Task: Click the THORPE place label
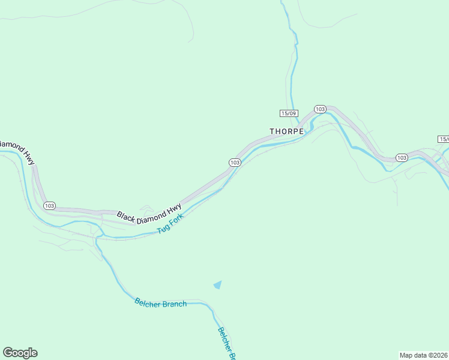pos(287,131)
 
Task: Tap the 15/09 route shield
pos(289,113)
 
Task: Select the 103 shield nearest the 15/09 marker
pos(320,109)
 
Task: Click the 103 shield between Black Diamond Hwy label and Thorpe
pos(235,163)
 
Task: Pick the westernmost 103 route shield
pos(49,205)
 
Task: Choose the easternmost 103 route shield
pos(402,158)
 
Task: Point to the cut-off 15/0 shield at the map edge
pos(444,139)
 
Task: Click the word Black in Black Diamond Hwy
pos(127,215)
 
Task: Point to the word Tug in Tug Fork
pos(163,229)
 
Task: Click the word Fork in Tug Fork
pos(176,221)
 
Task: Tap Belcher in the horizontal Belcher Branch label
pos(148,302)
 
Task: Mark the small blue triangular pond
pos(218,285)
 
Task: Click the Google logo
pos(20,353)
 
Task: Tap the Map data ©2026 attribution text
pos(424,355)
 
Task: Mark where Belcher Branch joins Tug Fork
pos(97,236)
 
